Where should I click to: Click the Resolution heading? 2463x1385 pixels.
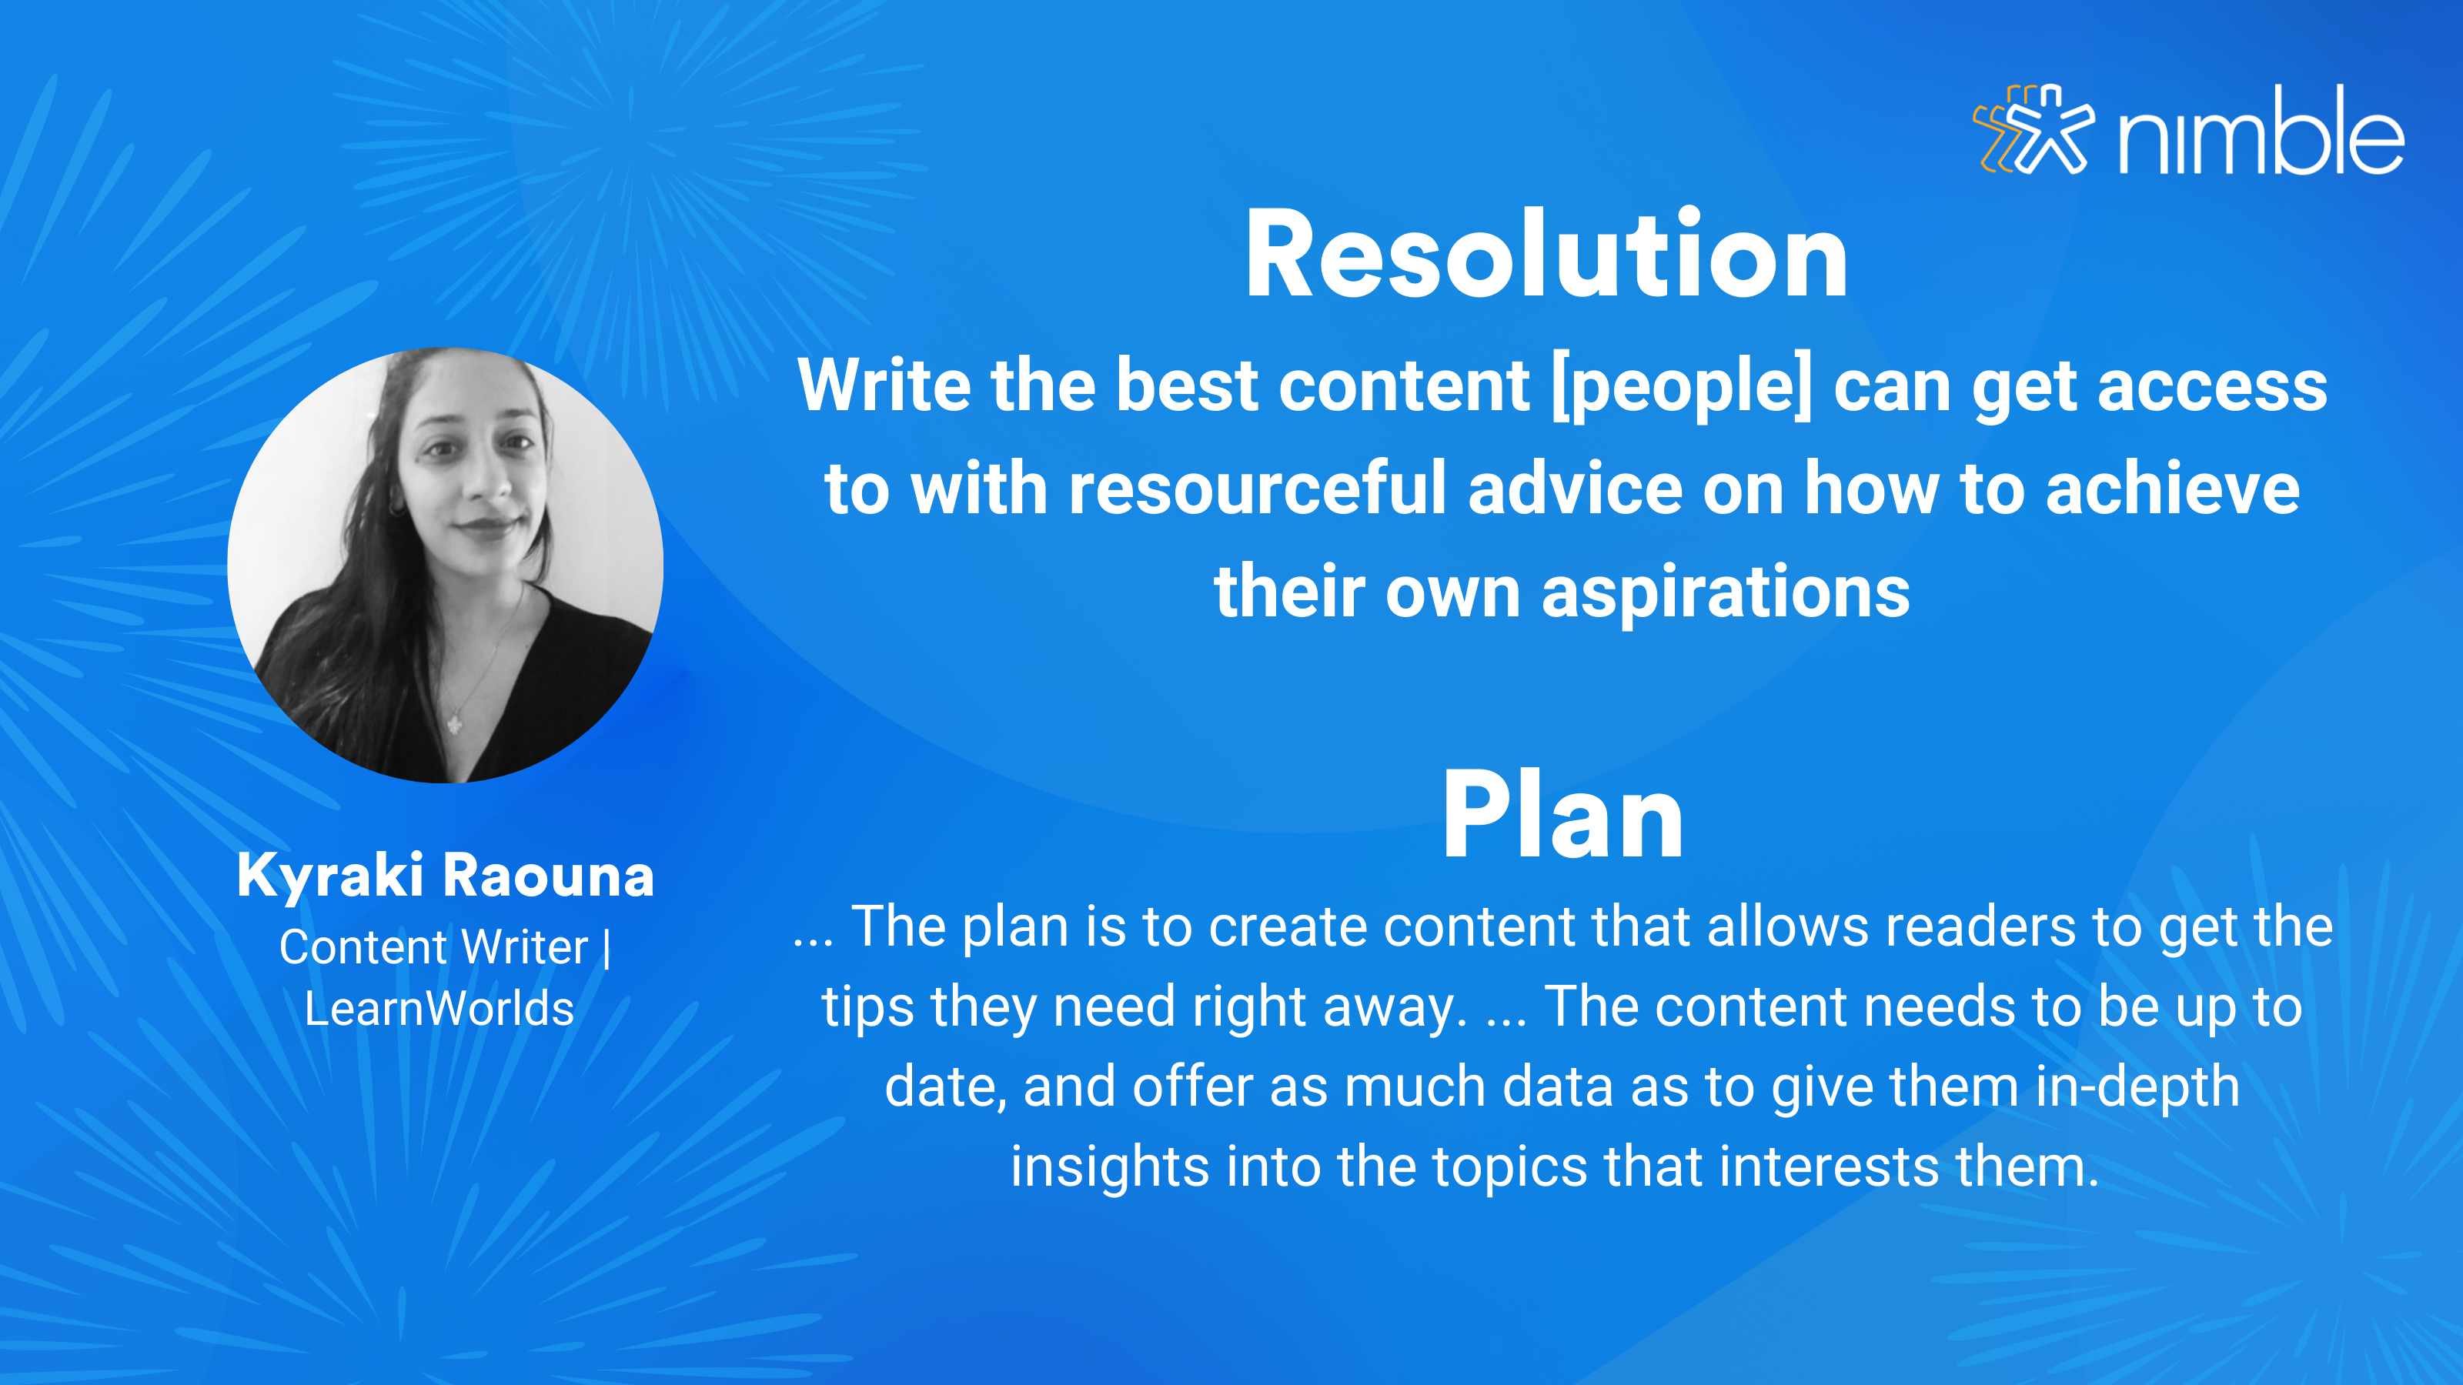[1546, 254]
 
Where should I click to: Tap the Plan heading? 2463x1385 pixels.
[1562, 816]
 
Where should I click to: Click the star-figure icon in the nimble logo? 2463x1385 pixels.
[2034, 129]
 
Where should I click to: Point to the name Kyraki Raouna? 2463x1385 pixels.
[446, 875]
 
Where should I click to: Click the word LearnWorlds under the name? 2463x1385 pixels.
[439, 1009]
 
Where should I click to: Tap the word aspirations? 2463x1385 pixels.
[1726, 593]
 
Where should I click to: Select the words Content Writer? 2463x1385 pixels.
[433, 947]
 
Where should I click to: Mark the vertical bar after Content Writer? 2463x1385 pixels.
[607, 948]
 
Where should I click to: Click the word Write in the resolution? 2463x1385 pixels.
[884, 385]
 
